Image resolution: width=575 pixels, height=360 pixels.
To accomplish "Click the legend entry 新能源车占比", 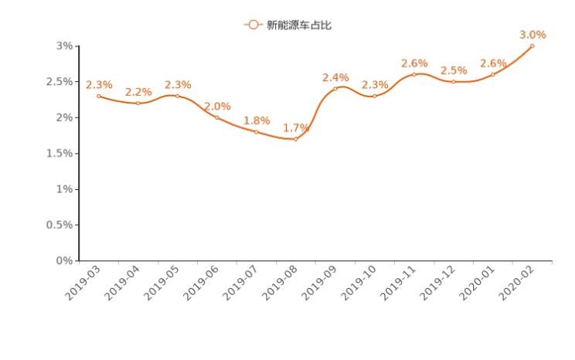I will pos(287,25).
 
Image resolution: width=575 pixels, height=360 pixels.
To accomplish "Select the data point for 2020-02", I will pos(532,46).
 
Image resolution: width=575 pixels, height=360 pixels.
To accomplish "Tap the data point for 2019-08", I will pos(295,139).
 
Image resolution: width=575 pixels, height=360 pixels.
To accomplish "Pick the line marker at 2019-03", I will pos(98,96).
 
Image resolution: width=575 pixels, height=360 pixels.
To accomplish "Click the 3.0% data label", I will pos(532,35).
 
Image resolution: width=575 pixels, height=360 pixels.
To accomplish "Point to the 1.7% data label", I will pos(296,127).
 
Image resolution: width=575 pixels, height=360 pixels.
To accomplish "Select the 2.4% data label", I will pos(335,77).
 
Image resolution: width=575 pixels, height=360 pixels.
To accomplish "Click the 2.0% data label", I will pos(217,106).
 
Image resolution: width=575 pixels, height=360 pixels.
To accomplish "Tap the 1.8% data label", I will pos(257,121).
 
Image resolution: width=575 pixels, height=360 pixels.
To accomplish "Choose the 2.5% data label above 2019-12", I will pos(454,70).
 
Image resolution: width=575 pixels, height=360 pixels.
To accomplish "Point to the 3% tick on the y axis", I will pos(64,46).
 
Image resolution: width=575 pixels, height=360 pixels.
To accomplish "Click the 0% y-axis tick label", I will pos(64,261).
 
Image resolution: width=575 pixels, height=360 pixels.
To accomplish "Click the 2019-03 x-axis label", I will pos(83,283).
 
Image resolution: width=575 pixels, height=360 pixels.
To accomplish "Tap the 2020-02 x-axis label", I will pos(517,283).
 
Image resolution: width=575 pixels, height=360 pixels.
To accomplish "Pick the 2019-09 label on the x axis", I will pos(320,283).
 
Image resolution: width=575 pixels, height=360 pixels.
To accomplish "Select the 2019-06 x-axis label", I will pos(202,283).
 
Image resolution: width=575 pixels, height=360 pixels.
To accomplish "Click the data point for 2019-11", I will pos(413,74).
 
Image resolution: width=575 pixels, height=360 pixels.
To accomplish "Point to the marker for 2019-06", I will pos(216,117).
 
